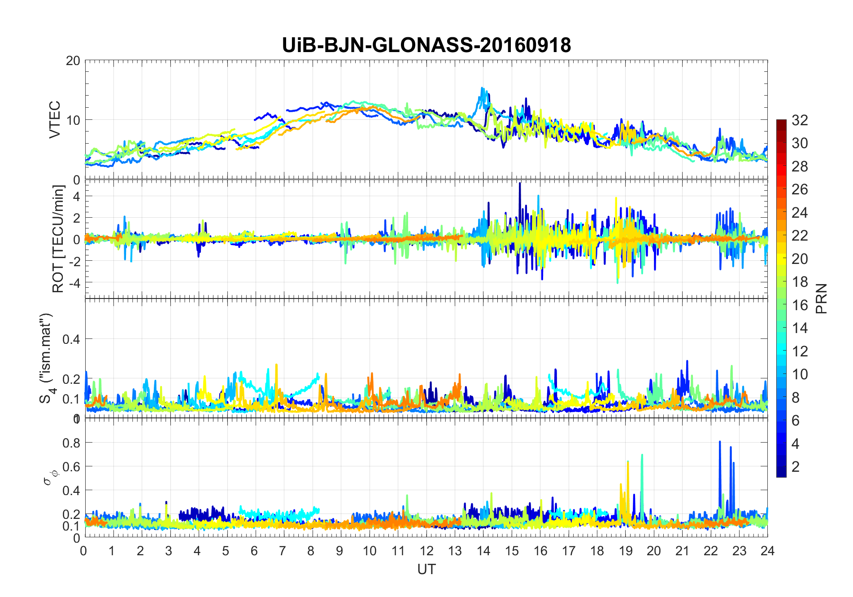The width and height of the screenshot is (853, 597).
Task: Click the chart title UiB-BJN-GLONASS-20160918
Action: (426, 45)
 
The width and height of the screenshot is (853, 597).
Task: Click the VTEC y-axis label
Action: (55, 119)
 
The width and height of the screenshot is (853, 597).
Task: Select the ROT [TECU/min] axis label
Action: (58, 239)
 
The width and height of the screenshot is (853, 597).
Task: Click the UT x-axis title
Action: (426, 569)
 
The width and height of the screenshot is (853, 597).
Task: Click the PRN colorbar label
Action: (821, 298)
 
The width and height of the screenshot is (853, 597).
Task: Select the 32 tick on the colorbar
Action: (800, 120)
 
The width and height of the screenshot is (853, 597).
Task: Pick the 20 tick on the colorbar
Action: (800, 259)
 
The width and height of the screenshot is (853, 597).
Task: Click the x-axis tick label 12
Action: (426, 551)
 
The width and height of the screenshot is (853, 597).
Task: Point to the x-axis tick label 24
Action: (767, 551)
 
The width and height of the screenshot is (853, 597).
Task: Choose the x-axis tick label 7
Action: (283, 551)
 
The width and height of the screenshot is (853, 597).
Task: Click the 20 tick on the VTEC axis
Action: (73, 61)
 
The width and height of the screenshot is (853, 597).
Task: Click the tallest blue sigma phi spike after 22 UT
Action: (720, 442)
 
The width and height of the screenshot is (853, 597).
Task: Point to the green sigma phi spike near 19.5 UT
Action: (642, 456)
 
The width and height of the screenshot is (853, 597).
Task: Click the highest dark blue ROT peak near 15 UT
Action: (520, 184)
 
